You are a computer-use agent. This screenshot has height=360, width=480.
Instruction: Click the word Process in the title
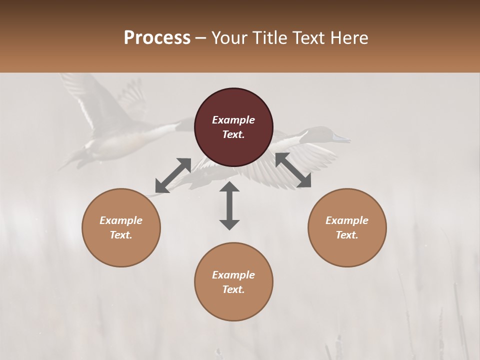[157, 38]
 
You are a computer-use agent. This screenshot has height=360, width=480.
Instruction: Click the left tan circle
[121, 227]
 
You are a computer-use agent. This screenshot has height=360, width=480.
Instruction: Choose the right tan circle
[346, 227]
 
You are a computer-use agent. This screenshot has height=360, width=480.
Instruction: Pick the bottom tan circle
[233, 281]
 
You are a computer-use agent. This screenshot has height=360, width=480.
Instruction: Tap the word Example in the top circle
[233, 120]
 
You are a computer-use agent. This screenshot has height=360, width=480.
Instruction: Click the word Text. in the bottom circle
[233, 289]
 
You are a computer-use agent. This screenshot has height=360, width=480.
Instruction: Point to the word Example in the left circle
[121, 220]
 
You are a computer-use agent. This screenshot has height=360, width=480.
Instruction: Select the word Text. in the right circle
[346, 235]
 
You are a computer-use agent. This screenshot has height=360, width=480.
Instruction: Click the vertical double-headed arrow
[229, 205]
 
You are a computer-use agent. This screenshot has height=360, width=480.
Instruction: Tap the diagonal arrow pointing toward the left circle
[173, 175]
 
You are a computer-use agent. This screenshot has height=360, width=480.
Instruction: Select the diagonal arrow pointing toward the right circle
[293, 170]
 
